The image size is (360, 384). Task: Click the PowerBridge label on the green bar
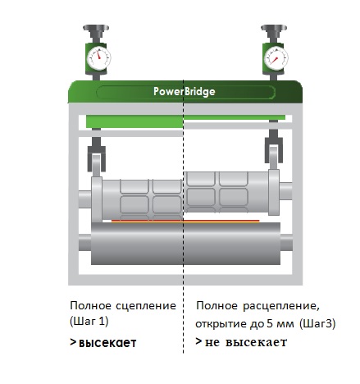(x=185, y=91)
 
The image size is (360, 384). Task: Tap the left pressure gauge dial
(x=98, y=58)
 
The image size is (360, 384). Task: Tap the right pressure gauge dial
(x=276, y=58)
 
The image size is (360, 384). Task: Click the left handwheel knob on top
(x=96, y=28)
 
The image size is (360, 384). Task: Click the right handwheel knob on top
(x=274, y=28)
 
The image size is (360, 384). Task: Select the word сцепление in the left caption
(x=146, y=306)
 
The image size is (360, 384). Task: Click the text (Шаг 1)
(x=89, y=321)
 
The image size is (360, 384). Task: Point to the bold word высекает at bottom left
(x=107, y=342)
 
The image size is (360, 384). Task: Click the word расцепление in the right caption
(x=281, y=306)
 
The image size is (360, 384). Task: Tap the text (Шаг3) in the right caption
(x=317, y=324)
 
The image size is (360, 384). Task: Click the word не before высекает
(x=212, y=342)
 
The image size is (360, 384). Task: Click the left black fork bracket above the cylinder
(x=96, y=155)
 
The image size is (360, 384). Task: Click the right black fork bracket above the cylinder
(x=274, y=147)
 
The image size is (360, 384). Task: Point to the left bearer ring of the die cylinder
(x=97, y=199)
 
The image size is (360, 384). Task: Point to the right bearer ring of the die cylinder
(x=274, y=192)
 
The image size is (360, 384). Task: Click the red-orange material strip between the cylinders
(x=185, y=222)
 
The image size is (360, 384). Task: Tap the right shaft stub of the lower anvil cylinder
(x=286, y=242)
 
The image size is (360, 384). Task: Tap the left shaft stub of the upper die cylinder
(x=84, y=200)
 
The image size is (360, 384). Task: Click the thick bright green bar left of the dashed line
(x=134, y=121)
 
